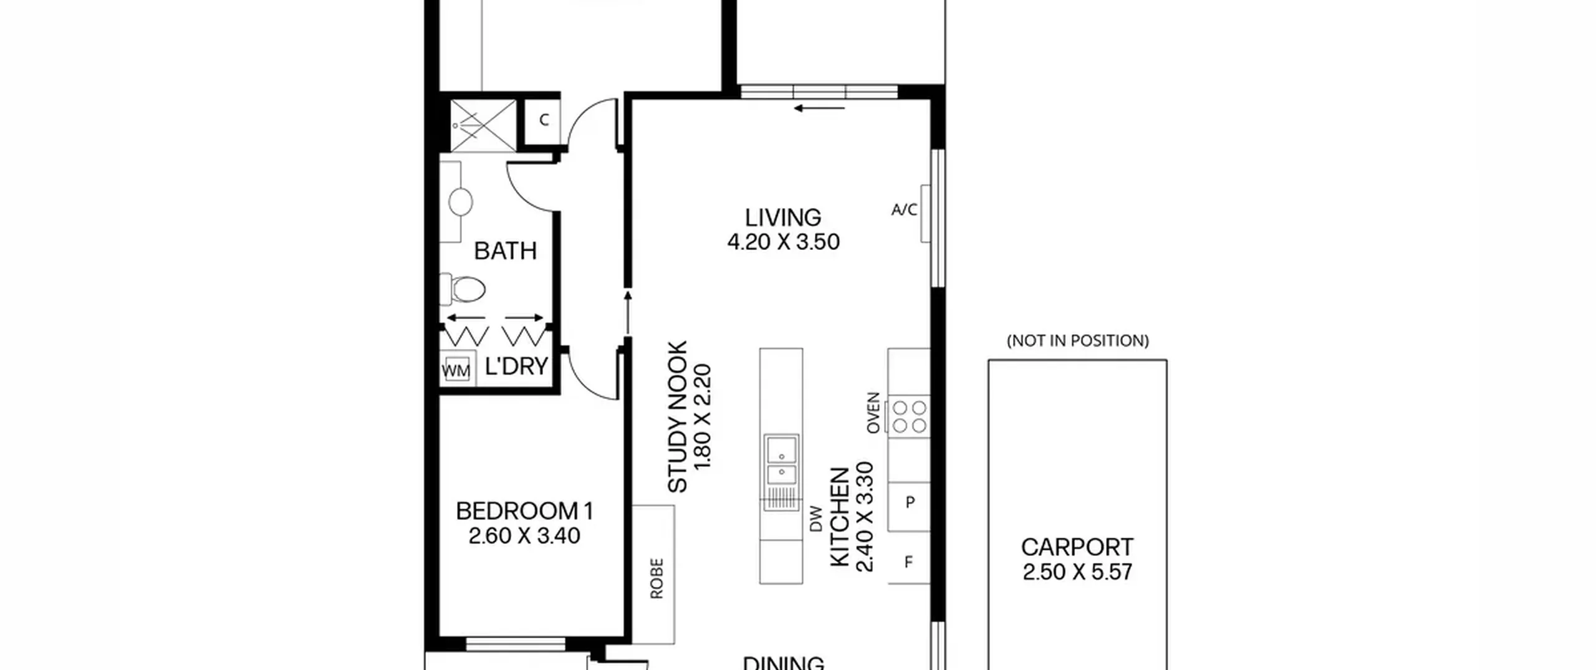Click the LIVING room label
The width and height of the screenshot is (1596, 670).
[x=783, y=218]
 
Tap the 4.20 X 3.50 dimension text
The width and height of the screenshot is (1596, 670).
[x=783, y=242]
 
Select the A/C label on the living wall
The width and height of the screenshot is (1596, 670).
[x=904, y=210]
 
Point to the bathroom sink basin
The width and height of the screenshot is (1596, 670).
[x=460, y=202]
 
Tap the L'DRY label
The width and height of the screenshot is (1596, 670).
[x=516, y=366]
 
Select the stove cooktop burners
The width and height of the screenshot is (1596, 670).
[x=909, y=416]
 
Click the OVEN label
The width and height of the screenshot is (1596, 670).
[x=873, y=413]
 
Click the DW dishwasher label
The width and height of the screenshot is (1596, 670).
[x=816, y=519]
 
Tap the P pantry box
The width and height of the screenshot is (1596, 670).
[x=909, y=506]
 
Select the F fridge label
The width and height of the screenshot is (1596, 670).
[x=908, y=562]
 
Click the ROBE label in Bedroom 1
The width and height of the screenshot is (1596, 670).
[x=656, y=578]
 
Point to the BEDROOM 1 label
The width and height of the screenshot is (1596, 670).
[x=524, y=511]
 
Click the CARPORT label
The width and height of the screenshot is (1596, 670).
[x=1077, y=547]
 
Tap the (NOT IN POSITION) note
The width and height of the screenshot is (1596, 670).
[x=1077, y=340]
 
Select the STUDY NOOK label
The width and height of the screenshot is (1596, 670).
[x=678, y=416]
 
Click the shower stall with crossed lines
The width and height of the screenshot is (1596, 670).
[x=483, y=125]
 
